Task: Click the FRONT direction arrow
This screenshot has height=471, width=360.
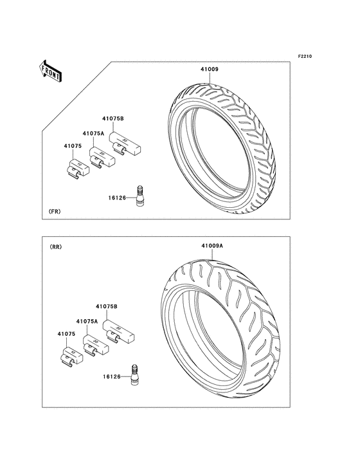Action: pos(50,71)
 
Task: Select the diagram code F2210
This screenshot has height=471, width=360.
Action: pos(305,56)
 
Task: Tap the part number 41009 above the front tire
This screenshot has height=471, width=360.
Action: pos(210,69)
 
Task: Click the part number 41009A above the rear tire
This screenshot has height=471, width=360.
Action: pos(212,246)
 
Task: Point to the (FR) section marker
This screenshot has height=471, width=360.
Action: pos(55,212)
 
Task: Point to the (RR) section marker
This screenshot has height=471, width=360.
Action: pos(55,247)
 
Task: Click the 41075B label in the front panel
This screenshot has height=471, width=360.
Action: pos(113,118)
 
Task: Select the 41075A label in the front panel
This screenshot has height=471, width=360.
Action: pos(94,133)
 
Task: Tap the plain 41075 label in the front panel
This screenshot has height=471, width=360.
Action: pos(73,146)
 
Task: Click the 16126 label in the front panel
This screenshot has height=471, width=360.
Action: pos(117,198)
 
